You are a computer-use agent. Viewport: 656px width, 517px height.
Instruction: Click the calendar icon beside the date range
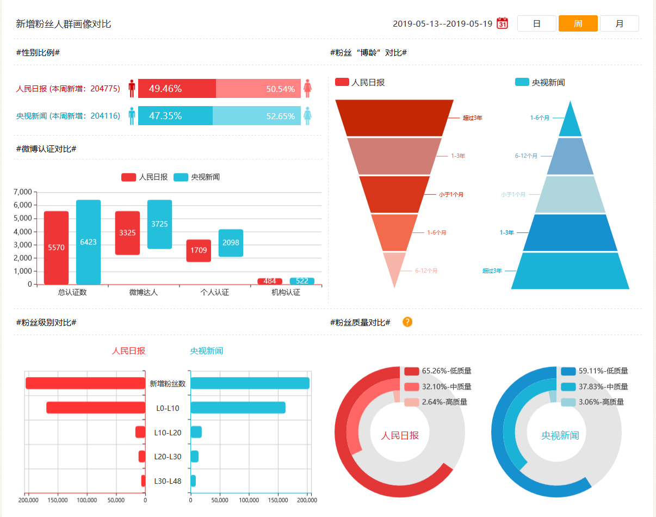point(502,23)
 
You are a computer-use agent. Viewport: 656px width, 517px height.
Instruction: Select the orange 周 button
point(578,23)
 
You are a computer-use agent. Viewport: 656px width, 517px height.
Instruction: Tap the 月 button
point(619,23)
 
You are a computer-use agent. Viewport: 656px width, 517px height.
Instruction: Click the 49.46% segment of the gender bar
point(177,88)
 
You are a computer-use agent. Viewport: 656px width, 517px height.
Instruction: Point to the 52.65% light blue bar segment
point(257,116)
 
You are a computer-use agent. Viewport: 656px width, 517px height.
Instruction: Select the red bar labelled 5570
point(56,248)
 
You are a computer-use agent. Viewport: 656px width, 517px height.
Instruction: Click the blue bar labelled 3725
point(159,224)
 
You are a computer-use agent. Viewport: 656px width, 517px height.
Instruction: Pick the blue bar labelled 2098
point(231,243)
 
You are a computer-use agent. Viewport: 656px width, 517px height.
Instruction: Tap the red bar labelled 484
point(270,281)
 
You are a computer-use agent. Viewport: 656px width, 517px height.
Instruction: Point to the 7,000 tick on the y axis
point(22,192)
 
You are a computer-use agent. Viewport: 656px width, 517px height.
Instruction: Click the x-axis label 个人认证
point(215,292)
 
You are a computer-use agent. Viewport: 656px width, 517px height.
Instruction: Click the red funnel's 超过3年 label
point(472,118)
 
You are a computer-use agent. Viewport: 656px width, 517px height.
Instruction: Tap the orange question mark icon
point(407,322)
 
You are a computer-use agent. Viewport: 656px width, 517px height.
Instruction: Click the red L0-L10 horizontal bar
point(96,408)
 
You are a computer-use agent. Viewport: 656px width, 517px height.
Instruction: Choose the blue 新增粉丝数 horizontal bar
point(250,383)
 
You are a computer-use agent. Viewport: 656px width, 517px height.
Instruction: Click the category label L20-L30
point(168,457)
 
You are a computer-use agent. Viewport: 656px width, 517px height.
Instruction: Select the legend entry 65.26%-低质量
point(438,371)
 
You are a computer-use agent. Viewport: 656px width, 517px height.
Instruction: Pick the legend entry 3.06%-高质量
point(592,402)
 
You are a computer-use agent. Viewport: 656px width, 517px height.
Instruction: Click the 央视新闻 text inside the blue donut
point(560,436)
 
